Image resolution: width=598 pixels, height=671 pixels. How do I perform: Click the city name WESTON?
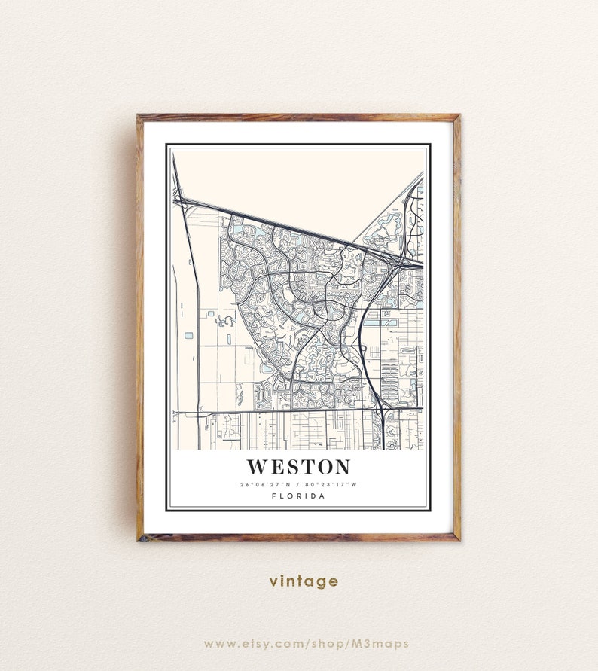298,467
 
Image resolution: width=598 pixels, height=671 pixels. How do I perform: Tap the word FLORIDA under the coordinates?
298,496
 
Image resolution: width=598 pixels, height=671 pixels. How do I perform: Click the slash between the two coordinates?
298,484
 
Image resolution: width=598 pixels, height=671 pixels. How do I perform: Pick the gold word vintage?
304,581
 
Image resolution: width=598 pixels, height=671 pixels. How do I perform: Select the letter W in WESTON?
258,467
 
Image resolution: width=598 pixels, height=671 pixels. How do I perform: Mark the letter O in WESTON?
322,467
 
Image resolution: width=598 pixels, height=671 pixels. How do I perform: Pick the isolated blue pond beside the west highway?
188,334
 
